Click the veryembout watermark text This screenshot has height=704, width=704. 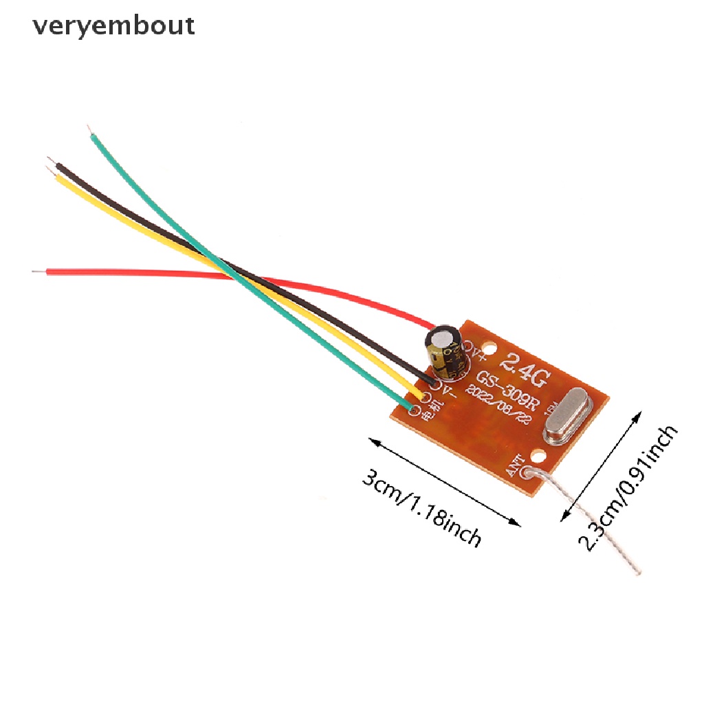coord(113,26)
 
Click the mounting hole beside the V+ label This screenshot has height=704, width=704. coord(489,349)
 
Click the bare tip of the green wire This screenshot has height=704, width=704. coord(89,130)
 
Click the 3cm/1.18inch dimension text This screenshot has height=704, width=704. coord(421,508)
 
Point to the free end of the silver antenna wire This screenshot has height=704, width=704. coord(637,571)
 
